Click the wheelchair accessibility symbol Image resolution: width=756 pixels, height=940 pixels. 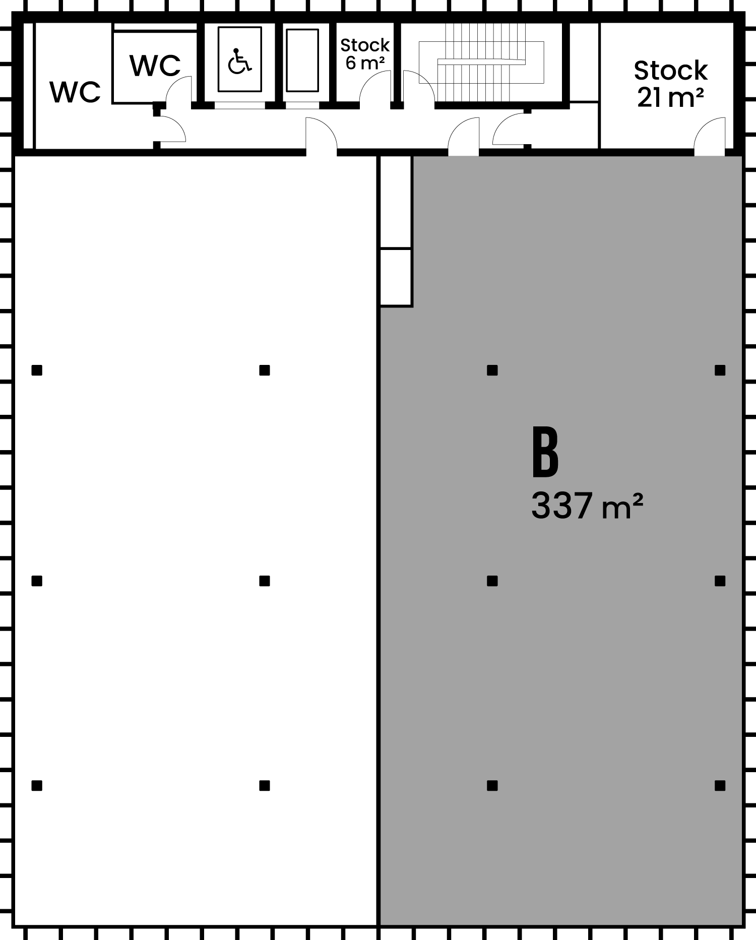[239, 61]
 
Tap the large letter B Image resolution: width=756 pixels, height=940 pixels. [545, 452]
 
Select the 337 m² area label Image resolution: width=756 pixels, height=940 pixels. [587, 506]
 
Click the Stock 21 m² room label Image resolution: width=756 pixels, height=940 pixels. [670, 84]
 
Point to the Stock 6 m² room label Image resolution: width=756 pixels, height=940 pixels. [365, 54]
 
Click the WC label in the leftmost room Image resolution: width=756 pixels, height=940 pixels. [75, 92]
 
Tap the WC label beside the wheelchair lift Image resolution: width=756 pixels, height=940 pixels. [155, 66]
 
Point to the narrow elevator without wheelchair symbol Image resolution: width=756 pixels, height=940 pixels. [302, 60]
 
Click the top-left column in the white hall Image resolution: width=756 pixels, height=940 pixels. [37, 370]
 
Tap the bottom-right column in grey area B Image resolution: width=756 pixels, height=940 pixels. [720, 785]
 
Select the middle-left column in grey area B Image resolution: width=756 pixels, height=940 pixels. [492, 581]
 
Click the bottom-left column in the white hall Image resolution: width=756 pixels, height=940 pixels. [37, 785]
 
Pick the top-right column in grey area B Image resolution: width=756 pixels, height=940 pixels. [720, 370]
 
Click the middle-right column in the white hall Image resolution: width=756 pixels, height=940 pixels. [265, 581]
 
